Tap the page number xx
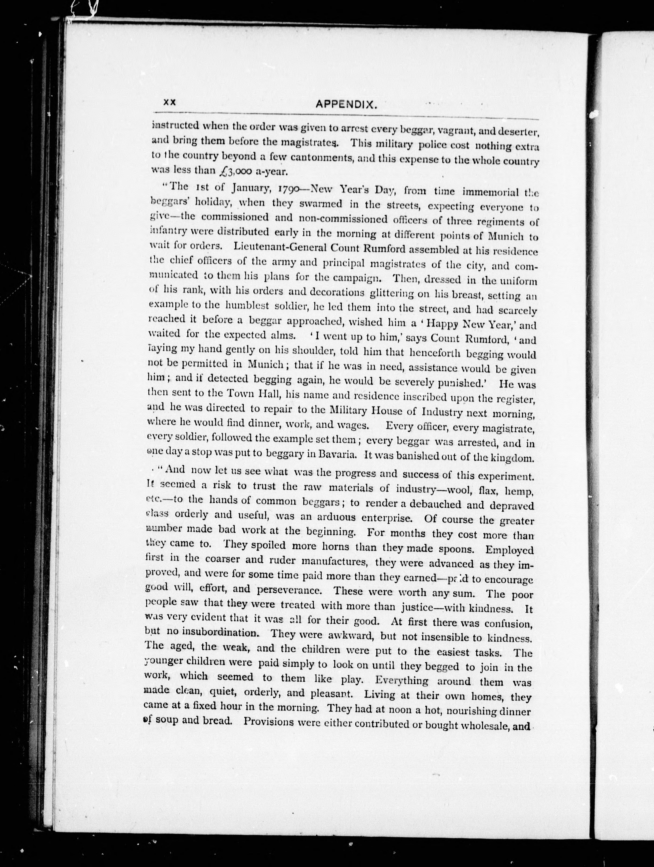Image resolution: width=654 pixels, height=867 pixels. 170,102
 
